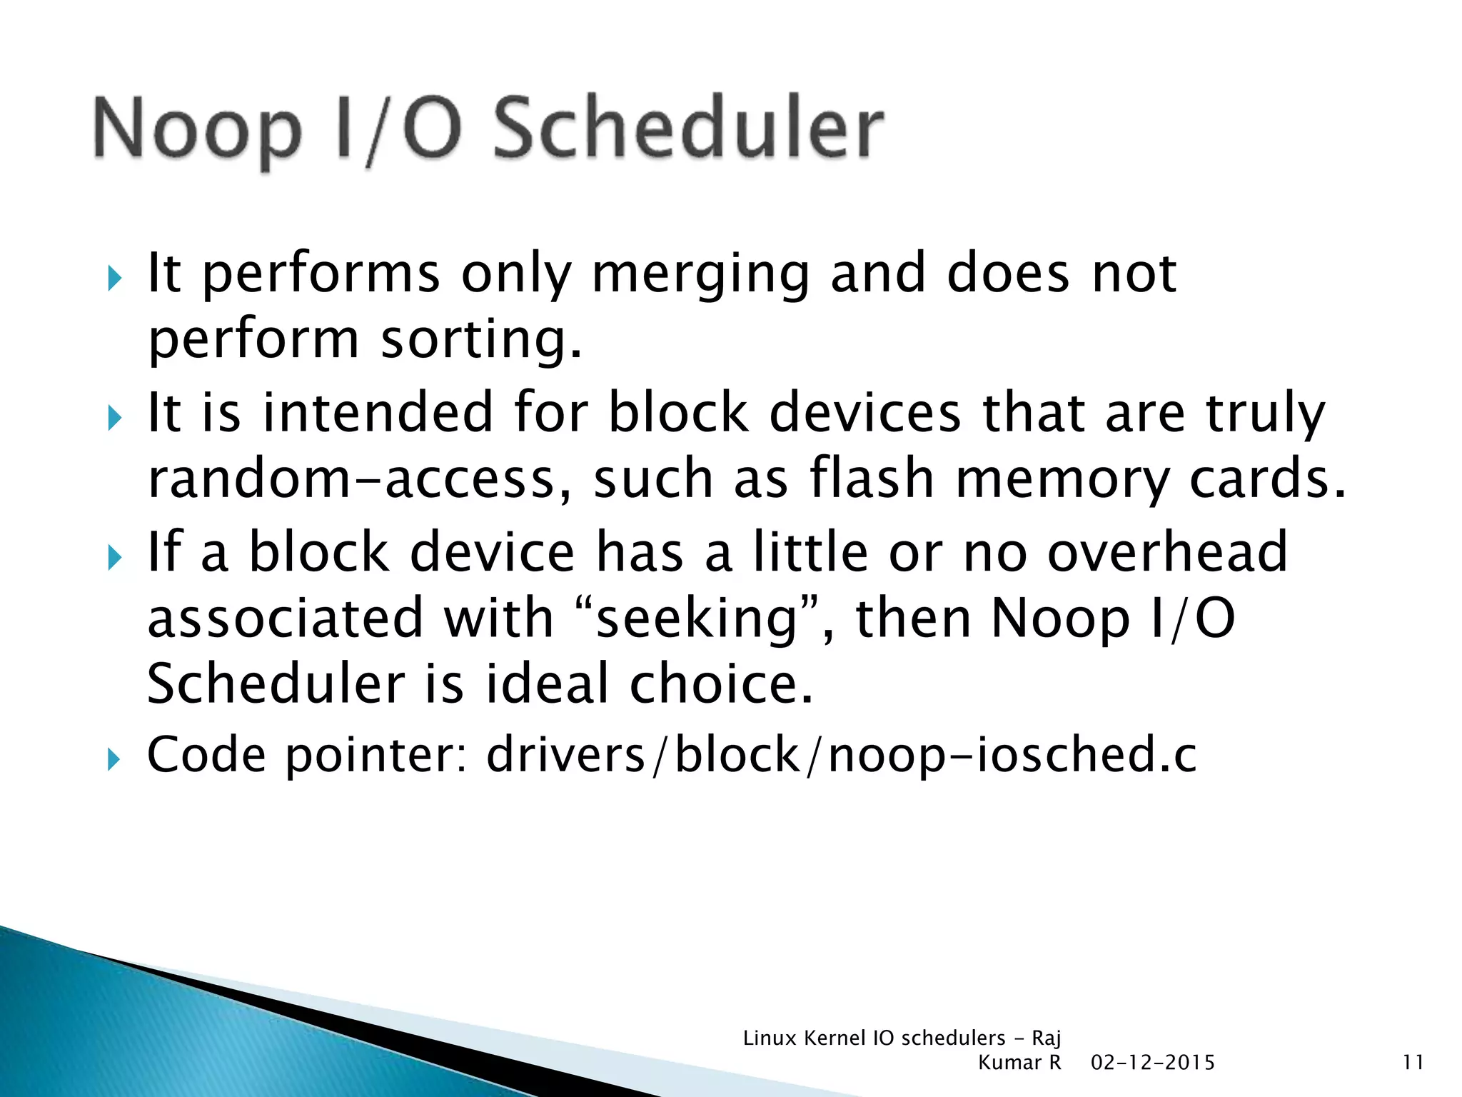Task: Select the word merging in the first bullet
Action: (x=700, y=275)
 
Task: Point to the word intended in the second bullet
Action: (x=378, y=413)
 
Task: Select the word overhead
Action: (x=1167, y=552)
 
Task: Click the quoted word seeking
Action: (x=696, y=618)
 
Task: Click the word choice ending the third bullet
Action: (x=720, y=683)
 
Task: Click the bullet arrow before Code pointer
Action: (x=114, y=758)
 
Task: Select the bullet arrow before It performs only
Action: (x=114, y=278)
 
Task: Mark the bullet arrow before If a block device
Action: (x=114, y=556)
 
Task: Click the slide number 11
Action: (x=1413, y=1063)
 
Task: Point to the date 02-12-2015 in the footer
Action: (x=1152, y=1063)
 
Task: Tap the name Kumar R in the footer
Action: (x=1019, y=1063)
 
